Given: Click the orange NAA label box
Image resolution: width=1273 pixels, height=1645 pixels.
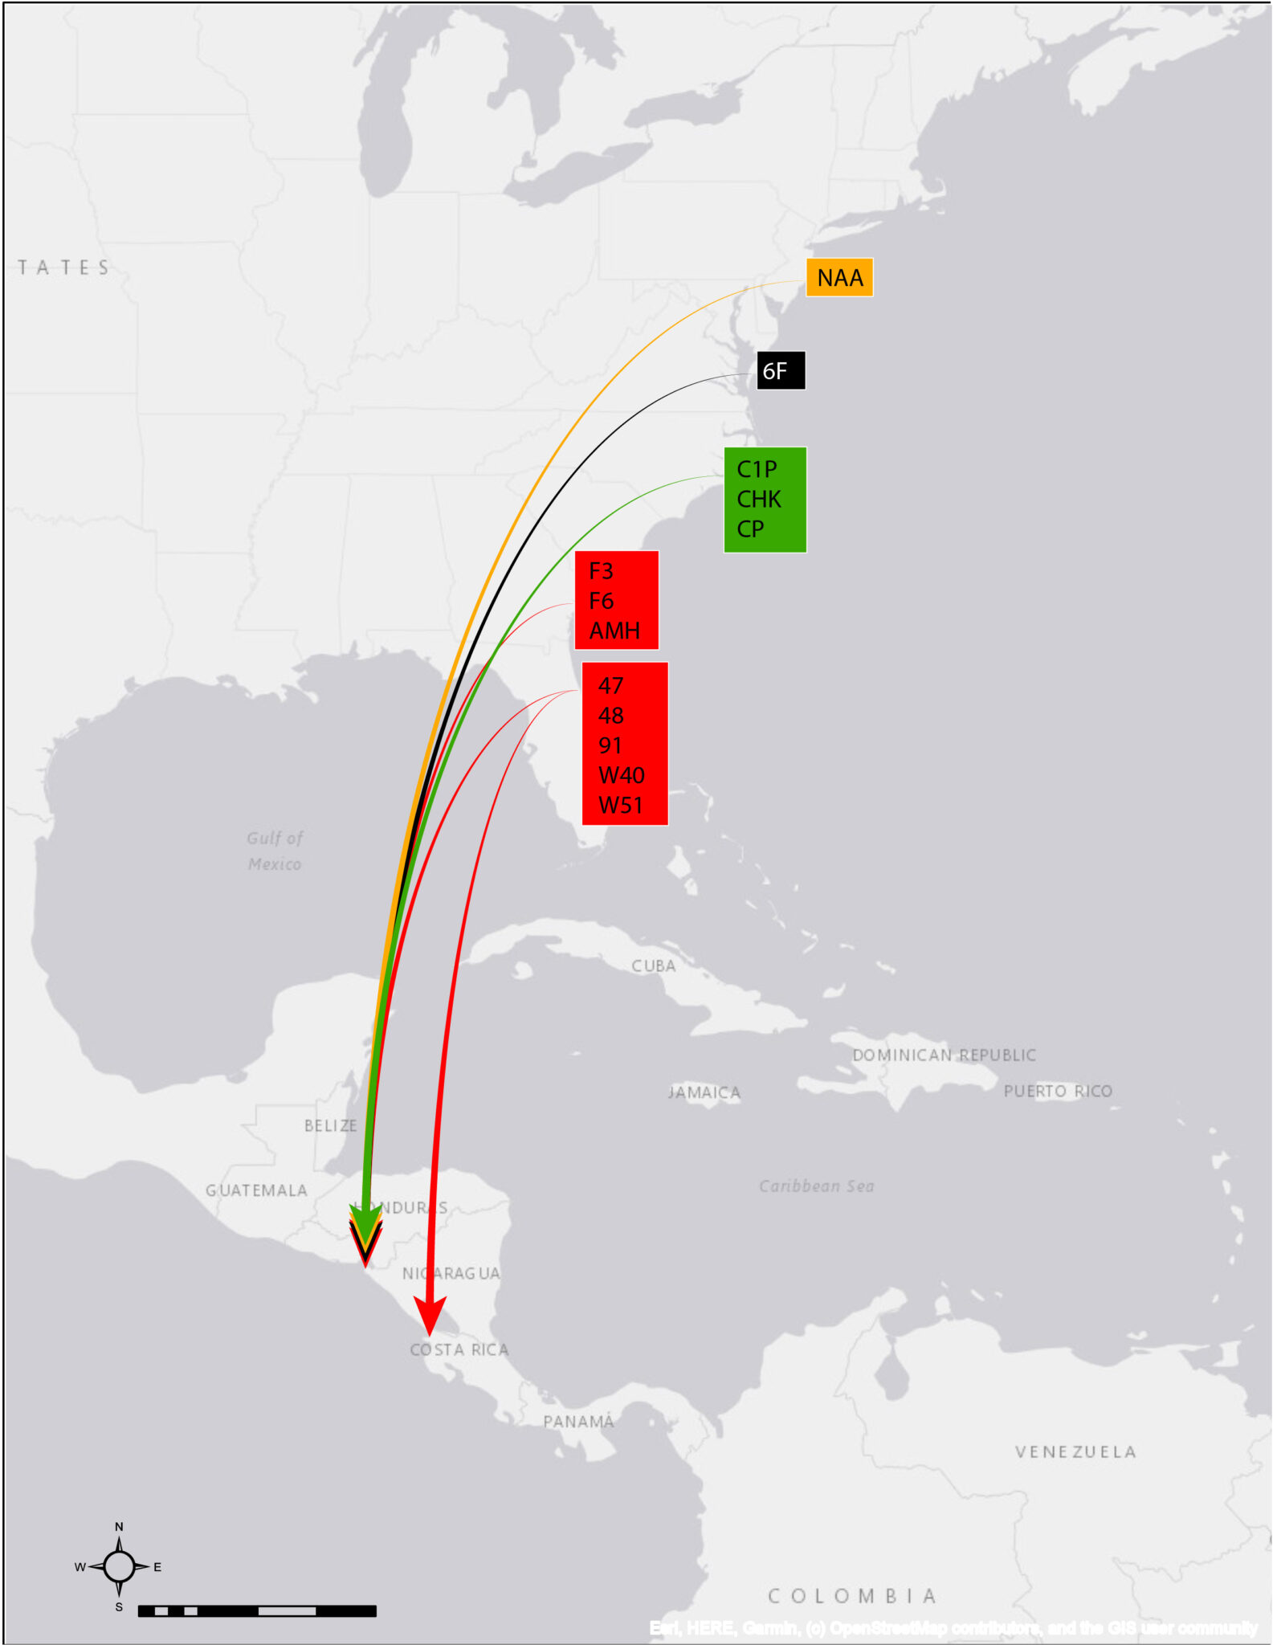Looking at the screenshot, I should (839, 278).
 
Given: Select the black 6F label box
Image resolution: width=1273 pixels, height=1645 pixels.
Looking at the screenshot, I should (781, 371).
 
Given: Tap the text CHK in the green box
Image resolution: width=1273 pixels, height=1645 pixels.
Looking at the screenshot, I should (758, 500).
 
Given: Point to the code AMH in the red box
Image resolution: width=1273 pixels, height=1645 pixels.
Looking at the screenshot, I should (614, 631).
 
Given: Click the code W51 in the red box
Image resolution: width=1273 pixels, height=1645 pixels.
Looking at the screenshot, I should (621, 806).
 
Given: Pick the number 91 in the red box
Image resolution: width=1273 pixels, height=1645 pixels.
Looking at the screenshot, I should (610, 745).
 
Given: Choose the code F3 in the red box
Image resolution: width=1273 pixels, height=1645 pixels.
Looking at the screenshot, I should (601, 572).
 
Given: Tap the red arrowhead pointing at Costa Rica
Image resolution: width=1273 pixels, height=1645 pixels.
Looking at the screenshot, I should (430, 1316).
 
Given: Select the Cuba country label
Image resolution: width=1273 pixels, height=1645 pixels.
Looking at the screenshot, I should (653, 966).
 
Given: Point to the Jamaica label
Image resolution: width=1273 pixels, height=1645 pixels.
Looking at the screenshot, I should (704, 1093).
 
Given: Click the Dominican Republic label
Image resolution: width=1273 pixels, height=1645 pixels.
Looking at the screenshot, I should (944, 1055).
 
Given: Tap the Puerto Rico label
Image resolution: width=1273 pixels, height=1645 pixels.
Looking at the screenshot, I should (1058, 1092).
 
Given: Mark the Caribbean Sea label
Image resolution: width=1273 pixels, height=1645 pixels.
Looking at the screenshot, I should (816, 1186).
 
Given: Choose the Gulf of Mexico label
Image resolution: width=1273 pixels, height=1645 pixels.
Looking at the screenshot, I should (275, 851).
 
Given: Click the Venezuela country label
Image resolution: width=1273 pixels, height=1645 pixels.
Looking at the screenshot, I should (1075, 1452).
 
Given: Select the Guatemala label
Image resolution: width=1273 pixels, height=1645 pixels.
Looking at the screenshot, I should (256, 1190).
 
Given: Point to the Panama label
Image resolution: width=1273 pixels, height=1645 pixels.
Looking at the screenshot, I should (578, 1423).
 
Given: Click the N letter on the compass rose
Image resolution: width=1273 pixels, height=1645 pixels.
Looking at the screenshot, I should (119, 1527).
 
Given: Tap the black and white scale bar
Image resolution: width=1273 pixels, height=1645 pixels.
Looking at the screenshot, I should (257, 1611).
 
